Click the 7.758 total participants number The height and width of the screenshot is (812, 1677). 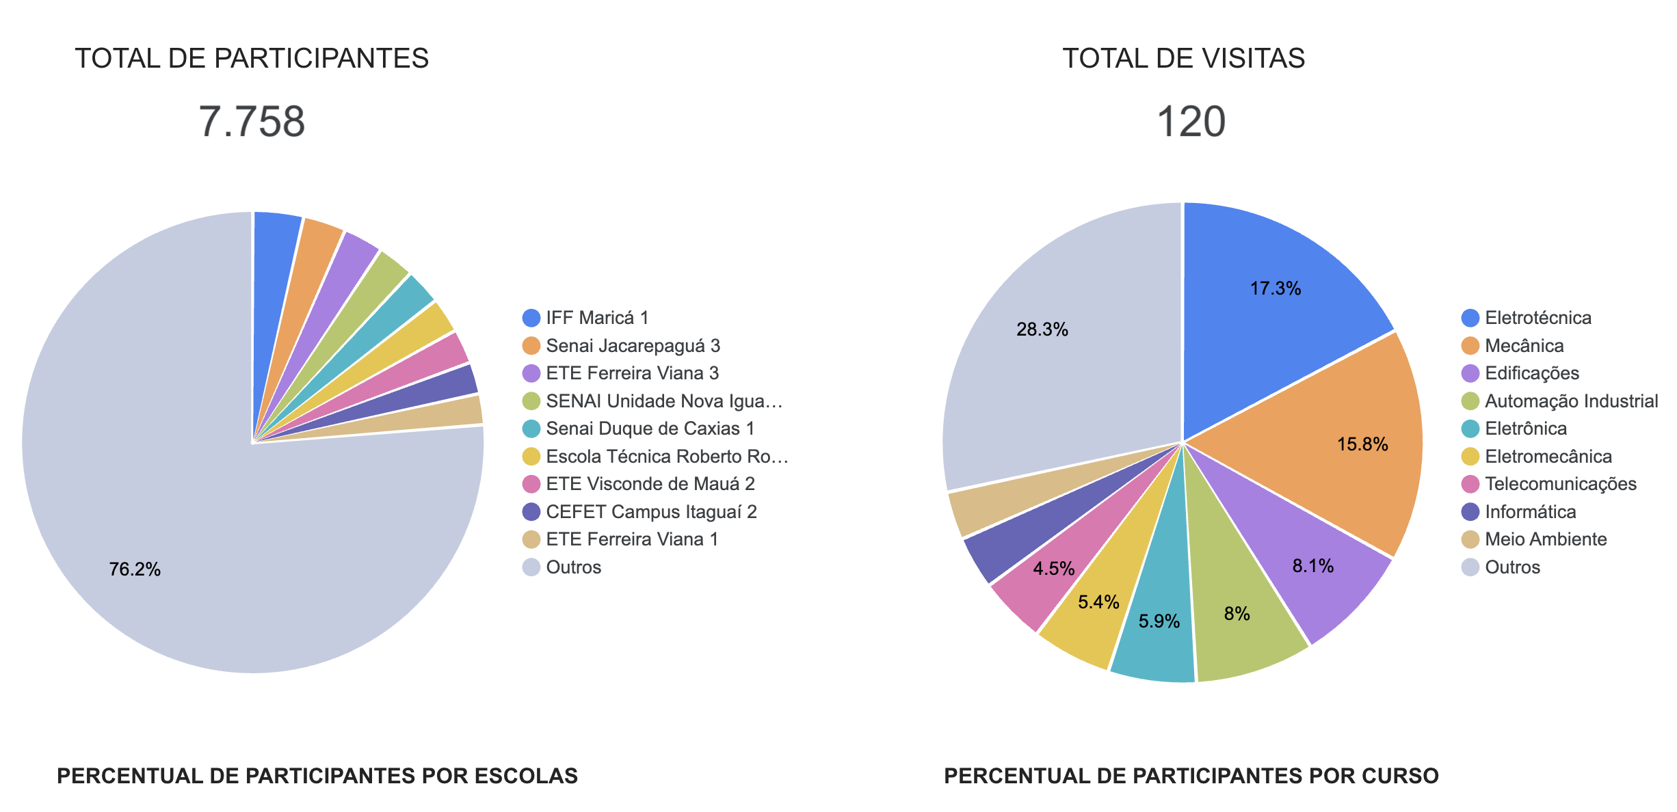[x=252, y=122]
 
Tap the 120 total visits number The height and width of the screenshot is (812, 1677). [x=1191, y=122]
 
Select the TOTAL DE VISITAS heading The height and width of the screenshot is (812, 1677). [x=1183, y=58]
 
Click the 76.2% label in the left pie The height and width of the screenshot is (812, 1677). [x=135, y=569]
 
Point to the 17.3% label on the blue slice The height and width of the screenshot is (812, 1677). [x=1275, y=288]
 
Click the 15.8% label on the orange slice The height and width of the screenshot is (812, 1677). [x=1362, y=444]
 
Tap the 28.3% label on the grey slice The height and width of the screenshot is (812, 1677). [x=1042, y=329]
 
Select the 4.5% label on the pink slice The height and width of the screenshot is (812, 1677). [x=1053, y=569]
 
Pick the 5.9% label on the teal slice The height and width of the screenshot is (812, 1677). [x=1159, y=621]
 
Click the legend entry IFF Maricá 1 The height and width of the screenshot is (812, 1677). [x=596, y=318]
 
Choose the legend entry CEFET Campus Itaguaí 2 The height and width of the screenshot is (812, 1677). [x=650, y=512]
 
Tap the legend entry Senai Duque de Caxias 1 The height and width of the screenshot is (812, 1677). [x=650, y=429]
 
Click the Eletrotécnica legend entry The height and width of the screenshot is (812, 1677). [x=1537, y=318]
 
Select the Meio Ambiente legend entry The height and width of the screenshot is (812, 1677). [x=1545, y=539]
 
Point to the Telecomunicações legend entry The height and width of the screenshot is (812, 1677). [x=1560, y=484]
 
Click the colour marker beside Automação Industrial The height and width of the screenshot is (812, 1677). [x=1470, y=401]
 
